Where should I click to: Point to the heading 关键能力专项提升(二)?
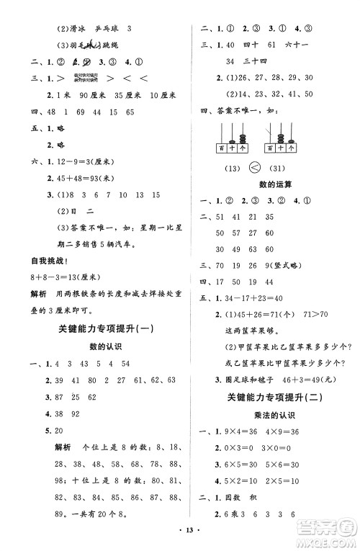276,397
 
